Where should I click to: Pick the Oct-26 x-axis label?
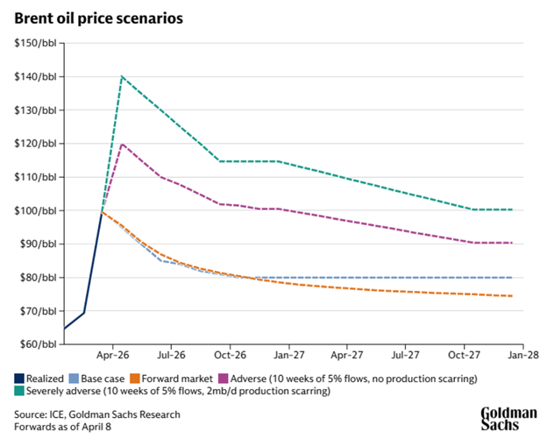tap(230, 356)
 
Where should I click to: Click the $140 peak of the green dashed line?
tap(121, 76)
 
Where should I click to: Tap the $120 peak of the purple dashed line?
tap(121, 144)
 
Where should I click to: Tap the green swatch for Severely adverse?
tap(19, 391)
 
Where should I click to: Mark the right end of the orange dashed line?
tap(513, 296)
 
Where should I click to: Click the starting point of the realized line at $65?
tap(64, 329)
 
